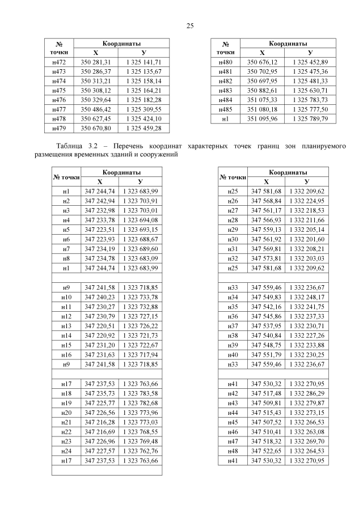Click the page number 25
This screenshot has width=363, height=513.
tap(191, 26)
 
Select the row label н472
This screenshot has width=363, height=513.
tap(59, 62)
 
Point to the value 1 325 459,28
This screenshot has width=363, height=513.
tap(143, 129)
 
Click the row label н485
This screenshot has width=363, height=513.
tap(225, 109)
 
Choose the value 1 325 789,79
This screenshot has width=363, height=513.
tap(310, 119)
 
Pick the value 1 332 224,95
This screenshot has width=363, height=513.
tap(307, 201)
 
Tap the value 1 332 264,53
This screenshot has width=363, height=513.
tap(307, 451)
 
